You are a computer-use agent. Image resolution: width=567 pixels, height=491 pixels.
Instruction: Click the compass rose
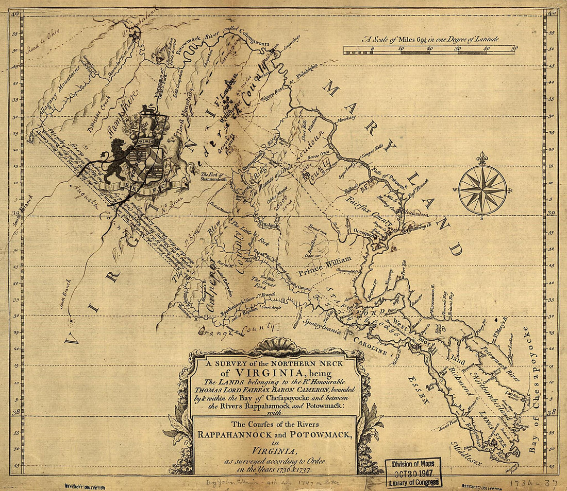[x=482, y=189]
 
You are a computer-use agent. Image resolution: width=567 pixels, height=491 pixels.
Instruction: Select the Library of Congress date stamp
[x=414, y=472]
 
